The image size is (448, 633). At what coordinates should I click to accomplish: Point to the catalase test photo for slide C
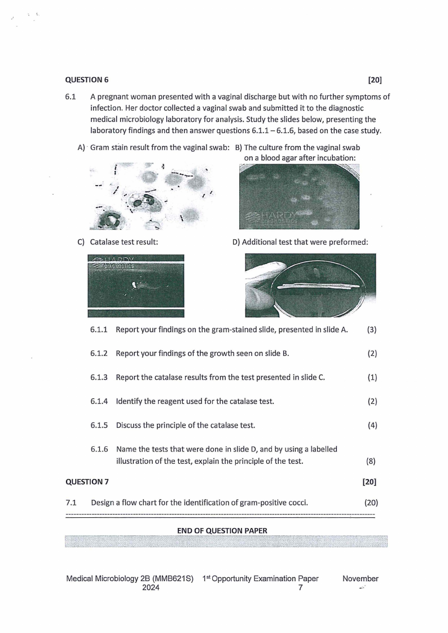136,285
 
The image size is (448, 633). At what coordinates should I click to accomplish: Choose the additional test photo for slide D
310,285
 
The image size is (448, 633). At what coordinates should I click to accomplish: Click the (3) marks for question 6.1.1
372,329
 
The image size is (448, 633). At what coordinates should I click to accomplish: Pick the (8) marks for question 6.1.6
372,461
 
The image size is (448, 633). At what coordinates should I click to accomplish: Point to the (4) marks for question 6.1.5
372,425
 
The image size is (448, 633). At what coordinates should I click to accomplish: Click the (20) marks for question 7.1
370,502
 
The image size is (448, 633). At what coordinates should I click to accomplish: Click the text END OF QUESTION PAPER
222,530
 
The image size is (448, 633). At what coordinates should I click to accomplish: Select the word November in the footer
360,578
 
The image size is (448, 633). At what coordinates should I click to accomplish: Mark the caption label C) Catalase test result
122,242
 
